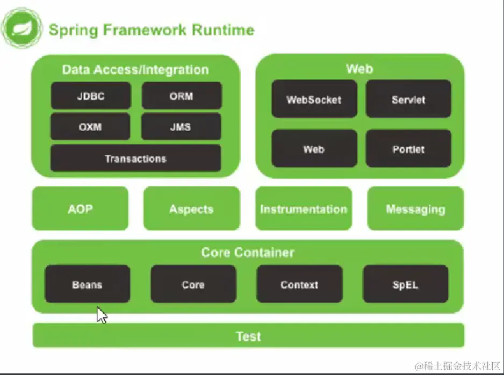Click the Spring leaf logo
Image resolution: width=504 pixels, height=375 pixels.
coord(22,28)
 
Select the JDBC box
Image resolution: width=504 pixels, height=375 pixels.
coord(91,96)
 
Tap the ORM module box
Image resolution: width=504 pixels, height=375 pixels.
coord(182,96)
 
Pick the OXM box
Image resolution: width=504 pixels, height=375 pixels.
coord(90,127)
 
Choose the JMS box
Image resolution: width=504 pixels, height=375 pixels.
coord(181,127)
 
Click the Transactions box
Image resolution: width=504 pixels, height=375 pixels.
coord(135,158)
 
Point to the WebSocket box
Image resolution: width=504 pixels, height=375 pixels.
coord(314,99)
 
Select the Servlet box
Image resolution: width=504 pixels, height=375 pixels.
coord(408,99)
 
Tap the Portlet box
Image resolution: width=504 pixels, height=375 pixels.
coord(408,149)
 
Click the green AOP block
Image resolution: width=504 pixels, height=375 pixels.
coord(81,208)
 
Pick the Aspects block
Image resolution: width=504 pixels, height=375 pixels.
coord(192,208)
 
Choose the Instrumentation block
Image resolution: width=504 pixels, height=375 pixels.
coord(304,208)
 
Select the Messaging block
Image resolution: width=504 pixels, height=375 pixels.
coord(415,208)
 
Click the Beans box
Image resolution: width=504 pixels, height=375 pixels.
coord(88,284)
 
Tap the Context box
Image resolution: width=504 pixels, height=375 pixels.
coord(300,284)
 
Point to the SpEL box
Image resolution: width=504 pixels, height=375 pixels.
coord(406,284)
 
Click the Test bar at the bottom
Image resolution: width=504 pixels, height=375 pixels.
coord(248,336)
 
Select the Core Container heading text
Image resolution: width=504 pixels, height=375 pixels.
coord(248,253)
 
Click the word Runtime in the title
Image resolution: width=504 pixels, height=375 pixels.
coord(223,30)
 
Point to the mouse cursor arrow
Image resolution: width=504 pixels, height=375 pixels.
coord(102,315)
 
